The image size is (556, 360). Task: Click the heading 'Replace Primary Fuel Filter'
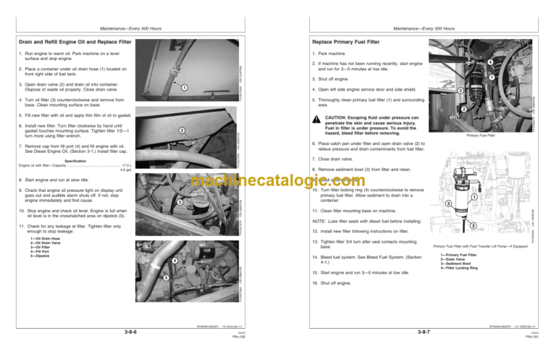pos(345,43)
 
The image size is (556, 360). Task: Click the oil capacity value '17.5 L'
pos(126,166)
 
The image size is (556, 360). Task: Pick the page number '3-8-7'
pos(426,332)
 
